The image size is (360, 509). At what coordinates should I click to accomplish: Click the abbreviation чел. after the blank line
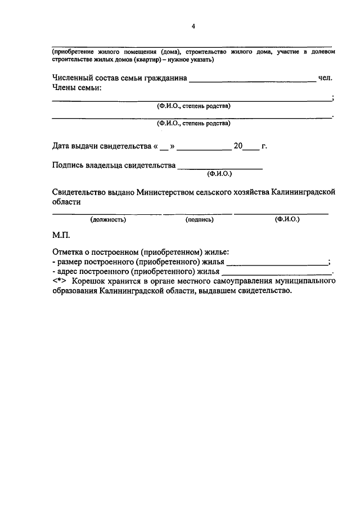pyautogui.click(x=326, y=78)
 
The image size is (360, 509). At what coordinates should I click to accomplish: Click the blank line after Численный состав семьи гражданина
pyautogui.click(x=253, y=81)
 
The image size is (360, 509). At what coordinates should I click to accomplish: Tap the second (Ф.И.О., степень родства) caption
pyautogui.click(x=193, y=123)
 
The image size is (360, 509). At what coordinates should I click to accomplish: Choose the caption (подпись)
pyautogui.click(x=199, y=220)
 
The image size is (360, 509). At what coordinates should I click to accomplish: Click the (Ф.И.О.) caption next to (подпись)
pyautogui.click(x=287, y=219)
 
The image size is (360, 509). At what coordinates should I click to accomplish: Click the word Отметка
pyautogui.click(x=69, y=253)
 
